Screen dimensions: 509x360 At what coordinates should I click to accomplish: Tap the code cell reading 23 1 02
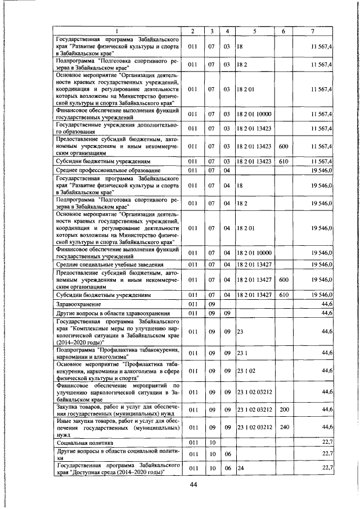[246, 371]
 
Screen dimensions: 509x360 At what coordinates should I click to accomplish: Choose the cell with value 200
[284, 411]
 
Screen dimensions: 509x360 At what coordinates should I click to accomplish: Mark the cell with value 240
[284, 427]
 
